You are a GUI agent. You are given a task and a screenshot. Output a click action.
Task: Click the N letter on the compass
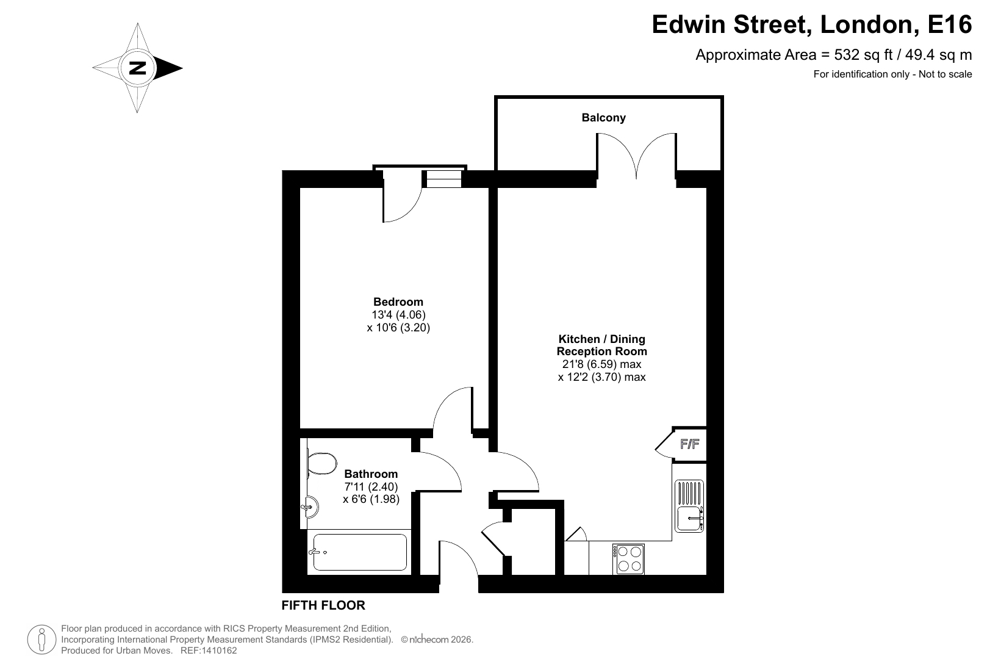(138, 68)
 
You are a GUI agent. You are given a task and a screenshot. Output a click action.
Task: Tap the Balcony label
(603, 118)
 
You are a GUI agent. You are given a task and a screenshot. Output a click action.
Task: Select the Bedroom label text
(398, 301)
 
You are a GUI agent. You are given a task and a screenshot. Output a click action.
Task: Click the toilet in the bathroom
(321, 464)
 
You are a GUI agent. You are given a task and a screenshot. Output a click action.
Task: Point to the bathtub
(359, 552)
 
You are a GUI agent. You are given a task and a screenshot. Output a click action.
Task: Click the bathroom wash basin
(310, 507)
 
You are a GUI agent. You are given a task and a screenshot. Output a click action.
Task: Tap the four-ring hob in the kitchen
(628, 559)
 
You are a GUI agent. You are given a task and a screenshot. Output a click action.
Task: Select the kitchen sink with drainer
(689, 506)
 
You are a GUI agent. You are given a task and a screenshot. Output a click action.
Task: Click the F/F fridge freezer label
(689, 444)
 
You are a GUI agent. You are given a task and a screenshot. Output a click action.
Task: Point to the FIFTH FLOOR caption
(323, 605)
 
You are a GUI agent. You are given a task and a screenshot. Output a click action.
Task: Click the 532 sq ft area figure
(863, 54)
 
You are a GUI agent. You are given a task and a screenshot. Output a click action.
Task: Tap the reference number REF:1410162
(209, 651)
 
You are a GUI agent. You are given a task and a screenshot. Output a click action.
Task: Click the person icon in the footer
(41, 640)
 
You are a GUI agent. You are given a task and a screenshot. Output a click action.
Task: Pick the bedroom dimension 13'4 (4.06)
(398, 315)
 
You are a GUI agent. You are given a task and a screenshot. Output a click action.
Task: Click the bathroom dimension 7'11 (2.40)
(371, 486)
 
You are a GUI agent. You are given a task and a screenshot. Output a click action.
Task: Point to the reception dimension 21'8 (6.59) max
(602, 364)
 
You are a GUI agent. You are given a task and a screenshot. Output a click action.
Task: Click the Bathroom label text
(371, 474)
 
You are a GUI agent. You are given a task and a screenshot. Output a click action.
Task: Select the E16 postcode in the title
(950, 24)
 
